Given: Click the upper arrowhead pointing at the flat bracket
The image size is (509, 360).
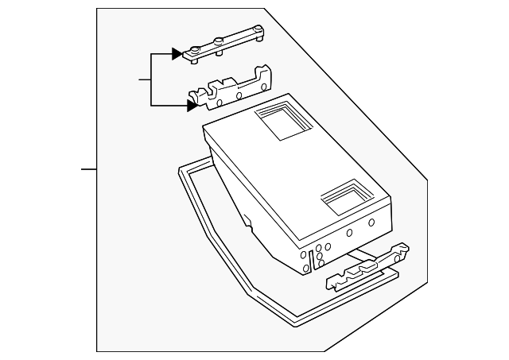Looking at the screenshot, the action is (x=176, y=54).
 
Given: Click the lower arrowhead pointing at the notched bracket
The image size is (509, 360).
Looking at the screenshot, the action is (x=192, y=103).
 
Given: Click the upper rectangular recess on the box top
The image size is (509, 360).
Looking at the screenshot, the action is (x=278, y=119).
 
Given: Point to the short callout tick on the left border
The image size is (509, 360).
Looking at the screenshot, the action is (x=88, y=169).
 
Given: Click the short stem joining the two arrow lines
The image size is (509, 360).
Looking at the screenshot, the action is (x=144, y=79).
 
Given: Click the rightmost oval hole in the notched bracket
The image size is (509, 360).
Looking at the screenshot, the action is (x=259, y=85).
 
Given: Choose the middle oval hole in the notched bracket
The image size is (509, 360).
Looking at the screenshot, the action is (x=237, y=93).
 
